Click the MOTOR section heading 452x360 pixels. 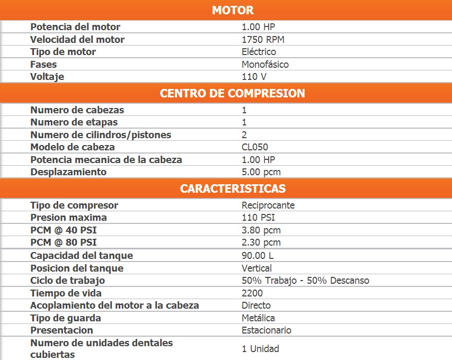[233, 10]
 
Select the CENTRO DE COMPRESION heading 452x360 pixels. [233, 93]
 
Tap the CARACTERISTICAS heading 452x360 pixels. [233, 188]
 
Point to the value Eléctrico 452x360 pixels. [259, 52]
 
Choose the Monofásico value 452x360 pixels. [265, 65]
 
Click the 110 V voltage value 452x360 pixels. [253, 77]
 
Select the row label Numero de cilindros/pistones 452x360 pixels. [101, 135]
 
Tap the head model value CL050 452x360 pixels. [255, 147]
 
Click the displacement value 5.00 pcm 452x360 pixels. [261, 172]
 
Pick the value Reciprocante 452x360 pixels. [268, 205]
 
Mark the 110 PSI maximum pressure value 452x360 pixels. [258, 218]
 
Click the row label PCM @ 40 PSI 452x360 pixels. [64, 230]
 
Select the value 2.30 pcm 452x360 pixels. [261, 242]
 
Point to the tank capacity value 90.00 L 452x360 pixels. [258, 256]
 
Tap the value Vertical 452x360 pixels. [256, 268]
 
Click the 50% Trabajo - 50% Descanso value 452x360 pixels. [305, 281]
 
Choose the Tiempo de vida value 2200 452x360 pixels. [252, 293]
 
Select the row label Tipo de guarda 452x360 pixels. [66, 318]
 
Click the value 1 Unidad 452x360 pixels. [260, 349]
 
